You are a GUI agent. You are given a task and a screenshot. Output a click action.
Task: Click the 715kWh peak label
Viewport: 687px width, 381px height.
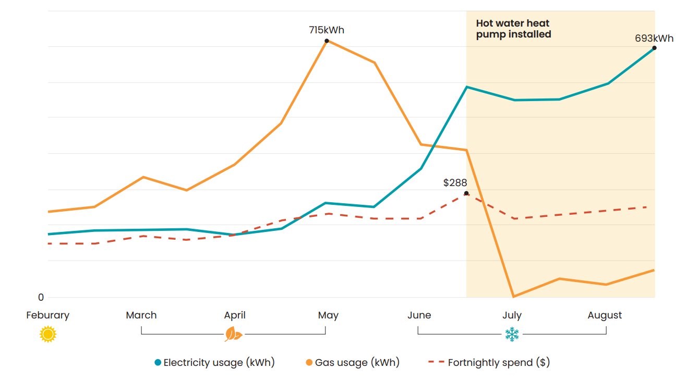tap(327, 30)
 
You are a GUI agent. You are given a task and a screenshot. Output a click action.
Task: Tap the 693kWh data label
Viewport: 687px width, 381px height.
tap(654, 39)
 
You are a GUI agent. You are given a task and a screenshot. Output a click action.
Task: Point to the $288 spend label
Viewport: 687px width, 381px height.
tap(455, 183)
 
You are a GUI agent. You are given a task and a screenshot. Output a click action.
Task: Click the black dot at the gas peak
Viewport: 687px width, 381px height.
tap(327, 41)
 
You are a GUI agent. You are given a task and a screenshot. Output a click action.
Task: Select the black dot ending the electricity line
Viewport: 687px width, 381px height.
tap(654, 48)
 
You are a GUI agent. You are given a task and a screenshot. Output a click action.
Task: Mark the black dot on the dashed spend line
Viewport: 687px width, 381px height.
tap(466, 193)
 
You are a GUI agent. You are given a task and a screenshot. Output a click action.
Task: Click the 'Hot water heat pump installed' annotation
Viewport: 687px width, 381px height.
tap(513, 29)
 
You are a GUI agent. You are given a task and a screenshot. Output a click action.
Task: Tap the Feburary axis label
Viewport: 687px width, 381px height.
tap(47, 315)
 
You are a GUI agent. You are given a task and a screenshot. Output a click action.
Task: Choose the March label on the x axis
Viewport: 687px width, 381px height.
tap(141, 315)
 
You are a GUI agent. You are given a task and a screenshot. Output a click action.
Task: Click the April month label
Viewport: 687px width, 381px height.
tap(235, 315)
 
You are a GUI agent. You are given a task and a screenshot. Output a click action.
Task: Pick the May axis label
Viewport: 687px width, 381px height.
tap(328, 315)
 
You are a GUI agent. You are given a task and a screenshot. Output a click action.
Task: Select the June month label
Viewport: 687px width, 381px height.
tap(419, 315)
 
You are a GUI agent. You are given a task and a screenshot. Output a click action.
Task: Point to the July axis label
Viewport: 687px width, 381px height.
tap(512, 315)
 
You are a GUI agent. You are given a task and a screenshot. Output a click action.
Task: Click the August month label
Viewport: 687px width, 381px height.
tap(605, 315)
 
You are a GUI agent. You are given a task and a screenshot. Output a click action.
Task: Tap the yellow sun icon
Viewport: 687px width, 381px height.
tap(48, 334)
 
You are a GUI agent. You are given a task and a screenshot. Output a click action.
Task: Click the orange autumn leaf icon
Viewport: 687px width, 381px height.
tap(233, 334)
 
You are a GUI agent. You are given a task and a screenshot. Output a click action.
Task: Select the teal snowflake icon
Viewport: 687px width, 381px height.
tap(512, 334)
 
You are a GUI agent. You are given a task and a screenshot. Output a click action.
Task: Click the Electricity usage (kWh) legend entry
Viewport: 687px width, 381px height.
tap(214, 363)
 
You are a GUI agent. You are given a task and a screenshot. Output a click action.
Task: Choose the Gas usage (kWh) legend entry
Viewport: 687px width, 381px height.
tap(353, 363)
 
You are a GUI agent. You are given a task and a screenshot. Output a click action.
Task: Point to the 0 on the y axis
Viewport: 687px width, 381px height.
tap(41, 298)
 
